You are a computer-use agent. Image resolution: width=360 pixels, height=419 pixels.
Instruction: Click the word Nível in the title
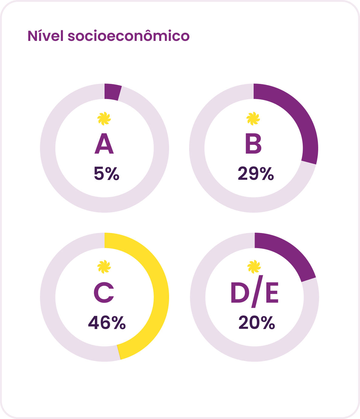pyautogui.click(x=46, y=36)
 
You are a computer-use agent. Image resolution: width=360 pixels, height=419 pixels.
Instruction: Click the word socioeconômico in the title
pyautogui.click(x=128, y=36)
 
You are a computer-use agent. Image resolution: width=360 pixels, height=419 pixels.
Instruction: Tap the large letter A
pyautogui.click(x=104, y=143)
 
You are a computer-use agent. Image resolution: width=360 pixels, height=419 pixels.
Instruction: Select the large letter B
pyautogui.click(x=253, y=143)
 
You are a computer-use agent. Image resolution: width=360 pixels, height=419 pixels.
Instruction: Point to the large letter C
pyautogui.click(x=104, y=292)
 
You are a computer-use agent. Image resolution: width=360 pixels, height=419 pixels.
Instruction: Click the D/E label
pyautogui.click(x=255, y=291)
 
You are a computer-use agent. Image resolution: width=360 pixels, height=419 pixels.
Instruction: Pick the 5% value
pyautogui.click(x=107, y=173)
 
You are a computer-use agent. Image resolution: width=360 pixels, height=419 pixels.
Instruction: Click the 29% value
pyautogui.click(x=256, y=173)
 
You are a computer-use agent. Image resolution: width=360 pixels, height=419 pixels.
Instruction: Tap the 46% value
pyautogui.click(x=107, y=323)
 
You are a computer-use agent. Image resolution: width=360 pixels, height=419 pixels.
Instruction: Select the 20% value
pyautogui.click(x=257, y=323)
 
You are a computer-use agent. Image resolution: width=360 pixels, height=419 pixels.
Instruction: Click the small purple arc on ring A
pyautogui.click(x=112, y=92)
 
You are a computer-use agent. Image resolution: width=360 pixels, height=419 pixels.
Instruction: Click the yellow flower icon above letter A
pyautogui.click(x=104, y=118)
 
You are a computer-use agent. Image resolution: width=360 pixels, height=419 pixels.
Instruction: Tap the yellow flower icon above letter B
pyautogui.click(x=253, y=118)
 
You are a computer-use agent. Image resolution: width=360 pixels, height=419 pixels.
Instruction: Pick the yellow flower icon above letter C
pyautogui.click(x=104, y=267)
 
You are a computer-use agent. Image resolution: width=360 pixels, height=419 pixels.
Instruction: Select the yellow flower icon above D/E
pyautogui.click(x=254, y=267)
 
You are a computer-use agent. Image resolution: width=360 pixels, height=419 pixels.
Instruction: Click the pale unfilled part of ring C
pyautogui.click(x=48, y=297)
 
